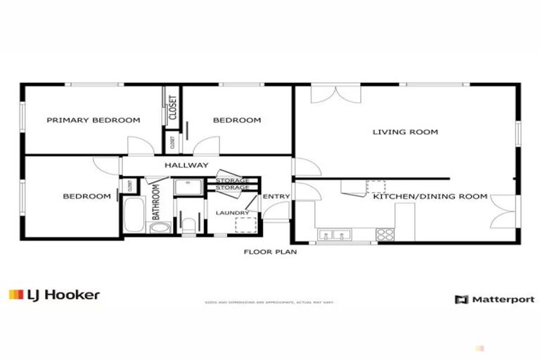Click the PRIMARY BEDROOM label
click(93, 120)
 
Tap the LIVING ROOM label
click(405, 132)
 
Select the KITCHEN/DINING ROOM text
click(430, 197)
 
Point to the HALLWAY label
click(186, 165)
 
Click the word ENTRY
click(276, 197)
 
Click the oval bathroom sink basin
click(160, 228)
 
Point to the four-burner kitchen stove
click(385, 234)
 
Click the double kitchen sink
click(335, 235)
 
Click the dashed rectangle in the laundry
click(244, 225)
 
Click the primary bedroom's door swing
click(139, 146)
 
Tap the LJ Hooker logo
click(54, 295)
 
